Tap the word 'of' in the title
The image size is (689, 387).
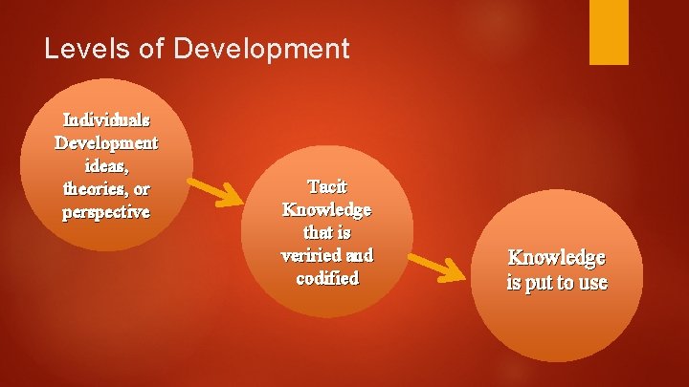153,49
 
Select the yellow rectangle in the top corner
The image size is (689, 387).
609,32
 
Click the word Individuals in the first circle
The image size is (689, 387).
105,120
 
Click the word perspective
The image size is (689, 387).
105,211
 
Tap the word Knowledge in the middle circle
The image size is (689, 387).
327,209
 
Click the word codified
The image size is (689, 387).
327,278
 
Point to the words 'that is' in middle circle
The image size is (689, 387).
327,232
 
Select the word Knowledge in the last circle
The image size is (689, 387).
556,258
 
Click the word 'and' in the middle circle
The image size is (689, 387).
357,255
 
